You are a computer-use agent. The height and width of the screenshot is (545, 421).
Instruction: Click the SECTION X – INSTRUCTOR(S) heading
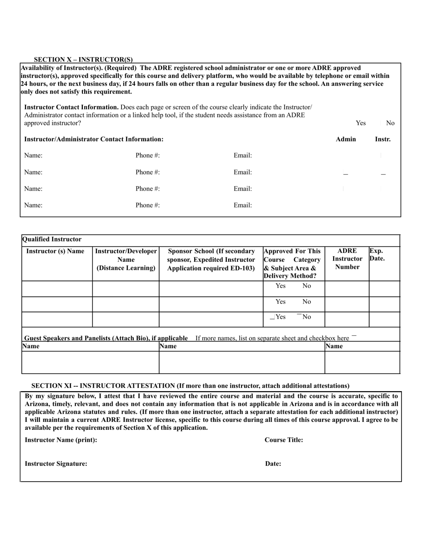point(83,59)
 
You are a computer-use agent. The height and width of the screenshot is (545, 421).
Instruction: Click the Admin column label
point(346,139)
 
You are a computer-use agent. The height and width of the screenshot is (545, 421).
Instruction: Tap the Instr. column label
point(382,139)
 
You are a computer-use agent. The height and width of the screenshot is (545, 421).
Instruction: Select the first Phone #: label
point(148,156)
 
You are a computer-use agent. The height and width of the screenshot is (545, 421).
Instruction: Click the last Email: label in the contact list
point(242,205)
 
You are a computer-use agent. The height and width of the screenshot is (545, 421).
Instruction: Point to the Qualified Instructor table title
point(51,239)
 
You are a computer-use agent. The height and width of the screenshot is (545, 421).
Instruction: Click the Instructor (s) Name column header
point(55,251)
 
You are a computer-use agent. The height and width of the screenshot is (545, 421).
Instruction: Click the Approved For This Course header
point(292,263)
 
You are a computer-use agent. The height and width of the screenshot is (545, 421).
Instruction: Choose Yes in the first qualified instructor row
point(280,286)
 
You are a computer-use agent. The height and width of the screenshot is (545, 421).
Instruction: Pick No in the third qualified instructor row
point(306,317)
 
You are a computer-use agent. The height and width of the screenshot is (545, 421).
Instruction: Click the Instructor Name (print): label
point(61,440)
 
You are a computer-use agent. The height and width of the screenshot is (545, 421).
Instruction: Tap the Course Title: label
point(284,440)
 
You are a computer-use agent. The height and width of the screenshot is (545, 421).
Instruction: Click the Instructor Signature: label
point(56,463)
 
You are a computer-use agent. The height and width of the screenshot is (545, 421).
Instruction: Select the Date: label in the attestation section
point(273,463)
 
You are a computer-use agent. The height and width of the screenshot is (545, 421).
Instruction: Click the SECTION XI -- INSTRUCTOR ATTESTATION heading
point(190,385)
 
